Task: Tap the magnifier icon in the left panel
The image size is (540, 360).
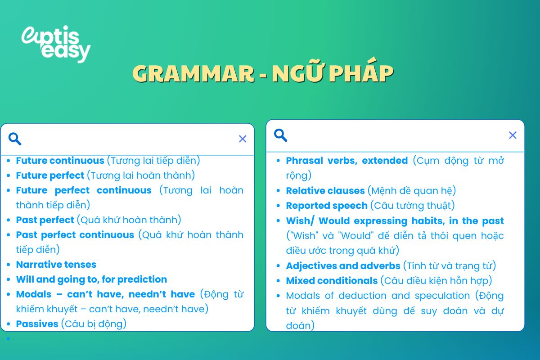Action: point(15,139)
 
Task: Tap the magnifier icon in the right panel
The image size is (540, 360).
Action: point(280,135)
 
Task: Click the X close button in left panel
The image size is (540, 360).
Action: point(243,139)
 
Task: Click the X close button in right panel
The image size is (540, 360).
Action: point(513,135)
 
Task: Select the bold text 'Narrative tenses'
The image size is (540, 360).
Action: point(56,265)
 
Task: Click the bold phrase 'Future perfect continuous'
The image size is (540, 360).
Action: point(84,190)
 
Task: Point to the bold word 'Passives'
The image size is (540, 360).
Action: point(37,324)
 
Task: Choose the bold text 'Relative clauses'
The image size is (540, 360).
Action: point(325,191)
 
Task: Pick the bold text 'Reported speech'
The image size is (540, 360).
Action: point(327,206)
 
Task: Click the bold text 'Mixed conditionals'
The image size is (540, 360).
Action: point(332,281)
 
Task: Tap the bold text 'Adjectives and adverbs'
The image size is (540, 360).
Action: point(343,266)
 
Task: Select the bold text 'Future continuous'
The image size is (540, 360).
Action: point(60,161)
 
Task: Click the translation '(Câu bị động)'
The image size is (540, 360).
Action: point(94,324)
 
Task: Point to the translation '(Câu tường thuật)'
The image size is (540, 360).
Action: point(413,206)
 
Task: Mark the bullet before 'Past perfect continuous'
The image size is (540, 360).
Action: point(9,235)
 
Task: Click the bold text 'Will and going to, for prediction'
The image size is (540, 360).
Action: point(91,279)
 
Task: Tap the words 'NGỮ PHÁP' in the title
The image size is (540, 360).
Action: point(333,73)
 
